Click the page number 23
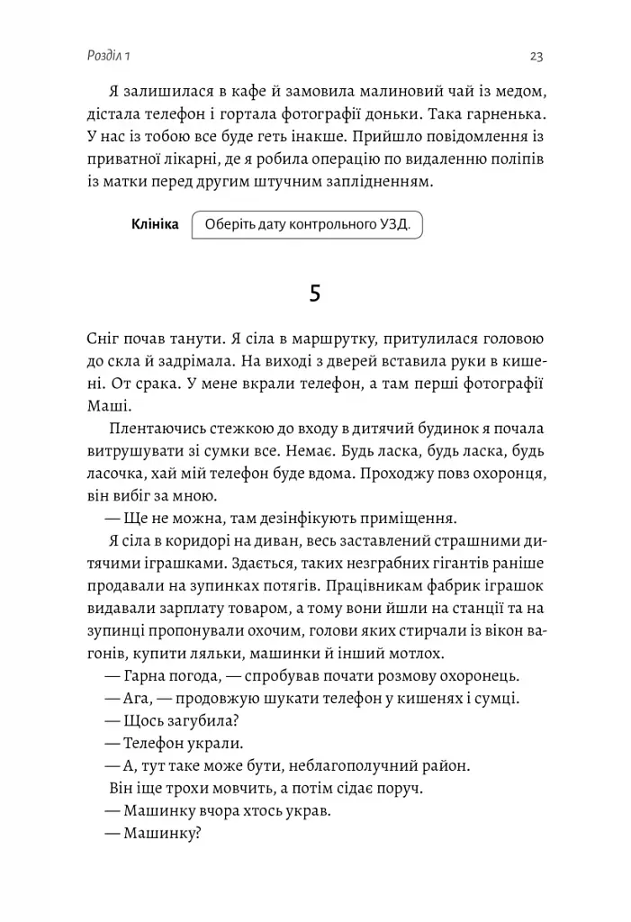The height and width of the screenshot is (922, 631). tap(536, 57)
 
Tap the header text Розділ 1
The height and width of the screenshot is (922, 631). tap(102, 57)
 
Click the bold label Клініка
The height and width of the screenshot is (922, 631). tap(155, 224)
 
